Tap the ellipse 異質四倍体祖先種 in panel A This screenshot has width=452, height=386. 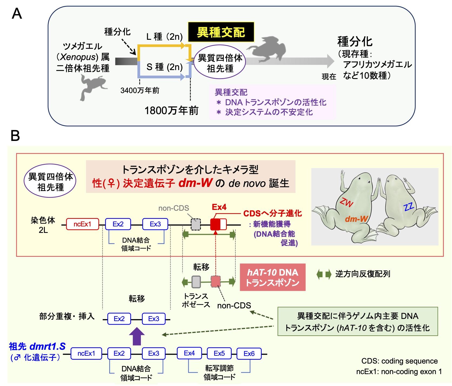220,63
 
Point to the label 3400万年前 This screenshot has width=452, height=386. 140,91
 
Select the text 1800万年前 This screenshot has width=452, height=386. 172,111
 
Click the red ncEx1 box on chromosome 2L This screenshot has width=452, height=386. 82,224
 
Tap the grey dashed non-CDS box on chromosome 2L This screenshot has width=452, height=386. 196,224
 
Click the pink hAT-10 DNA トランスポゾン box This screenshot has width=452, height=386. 272,277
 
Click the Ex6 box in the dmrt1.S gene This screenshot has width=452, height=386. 249,354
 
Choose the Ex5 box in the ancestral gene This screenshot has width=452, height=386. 219,354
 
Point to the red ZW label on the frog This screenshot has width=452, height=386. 347,202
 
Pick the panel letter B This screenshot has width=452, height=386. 15,136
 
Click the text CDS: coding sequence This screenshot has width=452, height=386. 399,361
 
